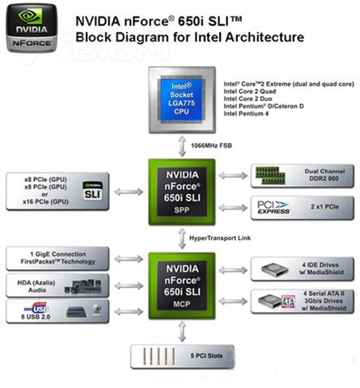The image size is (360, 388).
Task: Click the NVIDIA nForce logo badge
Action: [32, 28]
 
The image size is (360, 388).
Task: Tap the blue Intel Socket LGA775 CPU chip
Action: [182, 99]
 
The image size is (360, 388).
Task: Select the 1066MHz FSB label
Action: [211, 145]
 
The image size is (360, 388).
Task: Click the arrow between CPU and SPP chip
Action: [182, 146]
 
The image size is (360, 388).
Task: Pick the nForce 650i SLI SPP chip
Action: [182, 192]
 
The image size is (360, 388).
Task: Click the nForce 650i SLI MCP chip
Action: [182, 286]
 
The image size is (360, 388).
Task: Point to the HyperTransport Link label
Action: [220, 238]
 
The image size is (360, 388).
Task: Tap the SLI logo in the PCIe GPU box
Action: [92, 191]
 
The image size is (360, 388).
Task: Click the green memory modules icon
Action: [270, 175]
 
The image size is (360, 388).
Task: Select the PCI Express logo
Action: [273, 208]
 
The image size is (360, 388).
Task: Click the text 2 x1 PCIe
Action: [324, 207]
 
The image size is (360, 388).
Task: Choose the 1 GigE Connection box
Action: [57, 258]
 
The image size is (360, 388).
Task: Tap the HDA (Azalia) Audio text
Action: [36, 286]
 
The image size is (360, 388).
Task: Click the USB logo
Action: [36, 308]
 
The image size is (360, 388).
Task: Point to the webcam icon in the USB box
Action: [97, 310]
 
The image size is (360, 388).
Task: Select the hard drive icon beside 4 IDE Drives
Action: [275, 269]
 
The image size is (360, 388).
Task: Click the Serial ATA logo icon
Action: [288, 302]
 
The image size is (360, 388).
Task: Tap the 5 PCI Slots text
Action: [206, 356]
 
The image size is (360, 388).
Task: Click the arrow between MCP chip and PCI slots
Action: [182, 331]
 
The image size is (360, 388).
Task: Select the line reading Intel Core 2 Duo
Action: [248, 99]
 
